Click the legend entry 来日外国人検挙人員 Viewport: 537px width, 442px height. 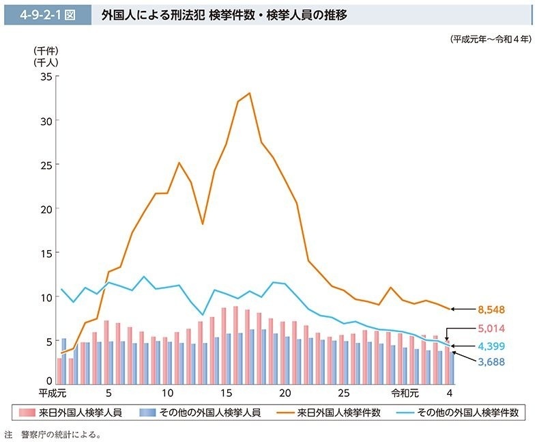72,413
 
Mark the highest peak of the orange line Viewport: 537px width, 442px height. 250,93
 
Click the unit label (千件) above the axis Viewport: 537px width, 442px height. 46,51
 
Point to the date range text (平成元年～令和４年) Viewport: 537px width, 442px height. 490,40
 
